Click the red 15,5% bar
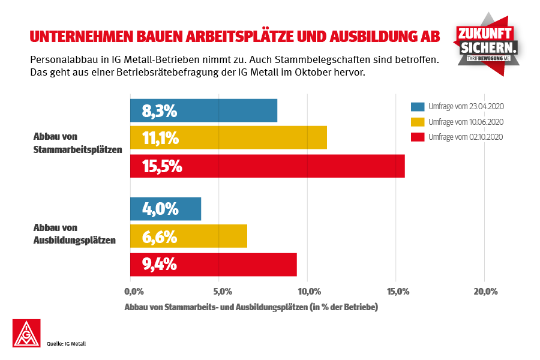pos(268,166)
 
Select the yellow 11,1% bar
pos(229,138)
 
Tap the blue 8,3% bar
pos(204,110)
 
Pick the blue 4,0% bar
pos(166,209)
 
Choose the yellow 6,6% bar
pos(188,236)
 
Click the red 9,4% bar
pos(214,265)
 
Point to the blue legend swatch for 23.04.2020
pos(418,107)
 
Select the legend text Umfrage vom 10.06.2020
pos(466,122)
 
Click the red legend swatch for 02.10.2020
pos(418,137)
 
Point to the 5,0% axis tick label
pos(222,292)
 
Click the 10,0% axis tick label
pos(309,292)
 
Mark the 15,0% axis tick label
pos(398,292)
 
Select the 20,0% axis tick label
pos(486,292)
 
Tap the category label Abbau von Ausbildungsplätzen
pos(74,234)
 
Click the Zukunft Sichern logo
pos(487,43)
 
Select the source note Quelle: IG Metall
pos(67,344)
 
